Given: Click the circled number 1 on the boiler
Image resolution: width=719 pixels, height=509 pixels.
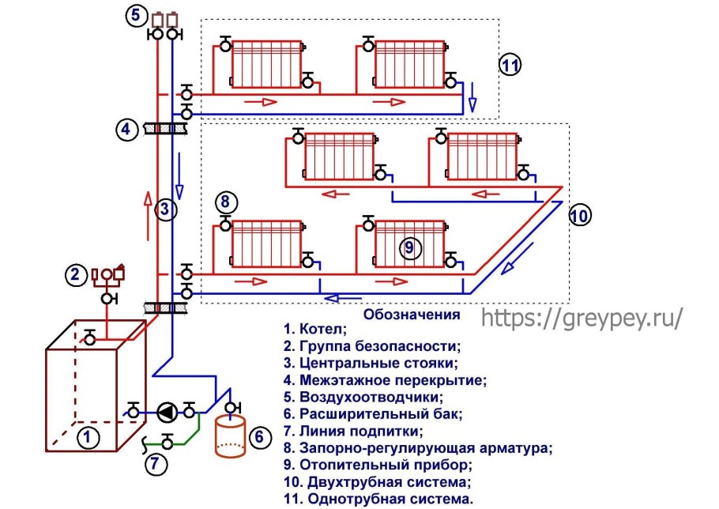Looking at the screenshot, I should pos(88,434).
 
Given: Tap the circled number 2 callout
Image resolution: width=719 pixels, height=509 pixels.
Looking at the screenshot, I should pos(76,275).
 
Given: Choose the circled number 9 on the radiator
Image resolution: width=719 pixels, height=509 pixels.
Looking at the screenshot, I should pos(408,247).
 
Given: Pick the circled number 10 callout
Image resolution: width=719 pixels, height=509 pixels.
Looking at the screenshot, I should pos(579,214).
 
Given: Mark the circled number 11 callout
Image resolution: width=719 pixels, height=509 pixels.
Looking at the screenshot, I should pos(510,66).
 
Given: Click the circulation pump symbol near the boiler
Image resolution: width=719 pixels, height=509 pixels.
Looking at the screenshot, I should pos(167,410).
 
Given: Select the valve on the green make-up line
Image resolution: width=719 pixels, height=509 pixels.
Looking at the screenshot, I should pos(167,442).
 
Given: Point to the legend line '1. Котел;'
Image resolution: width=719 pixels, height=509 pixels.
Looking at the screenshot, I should pos(314,329).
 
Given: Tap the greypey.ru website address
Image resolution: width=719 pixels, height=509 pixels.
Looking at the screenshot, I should pos(581,317).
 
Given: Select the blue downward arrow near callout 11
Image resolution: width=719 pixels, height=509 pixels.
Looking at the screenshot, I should pos(472,95).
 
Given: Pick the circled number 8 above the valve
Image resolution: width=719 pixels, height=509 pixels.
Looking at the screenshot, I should pos(225,202).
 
